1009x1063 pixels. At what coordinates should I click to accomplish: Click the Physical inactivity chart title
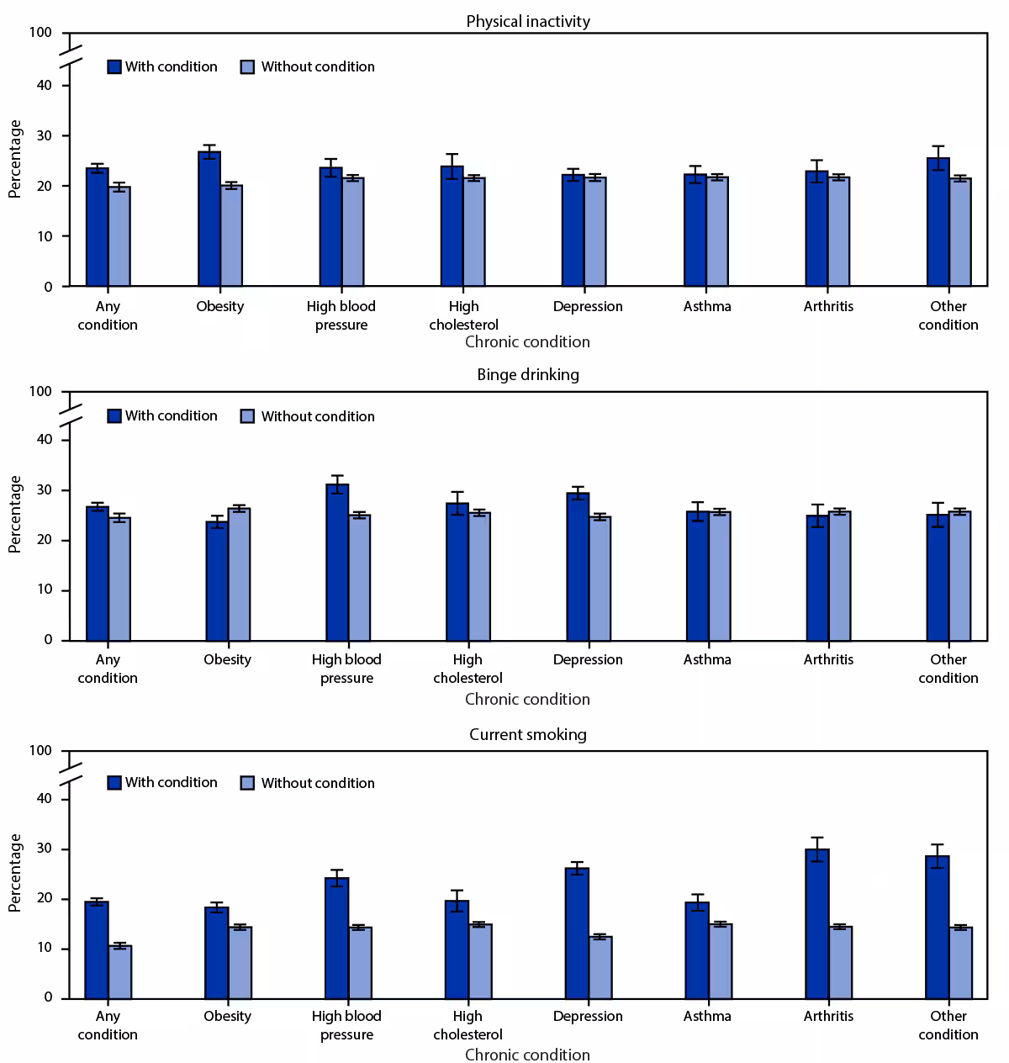pyautogui.click(x=528, y=21)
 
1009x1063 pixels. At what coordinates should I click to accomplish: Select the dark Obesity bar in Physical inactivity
pyautogui.click(x=209, y=219)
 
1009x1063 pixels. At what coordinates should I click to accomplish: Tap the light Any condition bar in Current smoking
pyautogui.click(x=120, y=972)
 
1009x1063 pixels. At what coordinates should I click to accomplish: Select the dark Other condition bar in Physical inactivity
pyautogui.click(x=938, y=223)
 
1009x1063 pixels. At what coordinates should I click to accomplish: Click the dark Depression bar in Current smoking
pyautogui.click(x=577, y=933)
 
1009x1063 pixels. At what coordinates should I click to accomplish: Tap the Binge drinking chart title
pyautogui.click(x=528, y=375)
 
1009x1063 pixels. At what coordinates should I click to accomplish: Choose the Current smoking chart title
pyautogui.click(x=528, y=734)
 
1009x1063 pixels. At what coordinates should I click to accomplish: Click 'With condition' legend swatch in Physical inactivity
pyautogui.click(x=115, y=67)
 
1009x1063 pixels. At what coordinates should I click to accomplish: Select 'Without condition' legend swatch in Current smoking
pyautogui.click(x=247, y=783)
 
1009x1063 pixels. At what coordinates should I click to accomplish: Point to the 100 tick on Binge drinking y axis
pyautogui.click(x=40, y=392)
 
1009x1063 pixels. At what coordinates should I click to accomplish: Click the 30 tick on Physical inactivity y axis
pyautogui.click(x=44, y=136)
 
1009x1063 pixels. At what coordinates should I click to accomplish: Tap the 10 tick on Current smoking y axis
pyautogui.click(x=44, y=949)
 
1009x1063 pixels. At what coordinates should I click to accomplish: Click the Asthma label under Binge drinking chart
pyautogui.click(x=707, y=660)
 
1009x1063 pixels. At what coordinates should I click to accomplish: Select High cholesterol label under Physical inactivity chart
pyautogui.click(x=463, y=315)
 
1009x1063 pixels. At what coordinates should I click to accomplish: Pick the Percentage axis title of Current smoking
pyautogui.click(x=15, y=873)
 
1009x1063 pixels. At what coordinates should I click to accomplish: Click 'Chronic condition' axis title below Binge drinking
pyautogui.click(x=527, y=700)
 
